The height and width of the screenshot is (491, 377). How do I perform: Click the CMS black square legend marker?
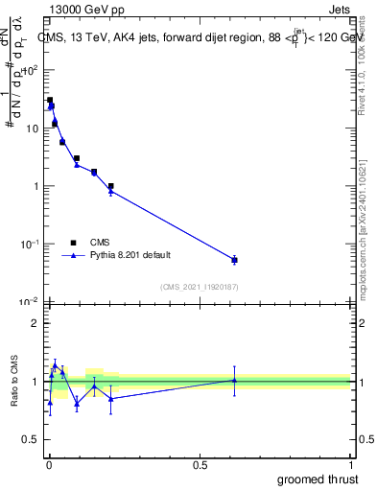point(73,243)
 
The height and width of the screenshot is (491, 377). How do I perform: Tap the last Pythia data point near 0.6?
point(235,260)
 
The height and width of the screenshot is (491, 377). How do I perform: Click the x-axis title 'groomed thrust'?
point(318,479)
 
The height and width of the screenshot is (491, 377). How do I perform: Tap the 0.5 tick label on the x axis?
point(200,464)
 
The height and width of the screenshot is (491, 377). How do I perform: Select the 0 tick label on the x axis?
point(49,464)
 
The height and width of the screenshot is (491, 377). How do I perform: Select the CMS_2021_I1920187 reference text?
point(200,287)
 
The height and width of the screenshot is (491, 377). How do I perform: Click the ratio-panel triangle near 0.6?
point(235,380)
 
